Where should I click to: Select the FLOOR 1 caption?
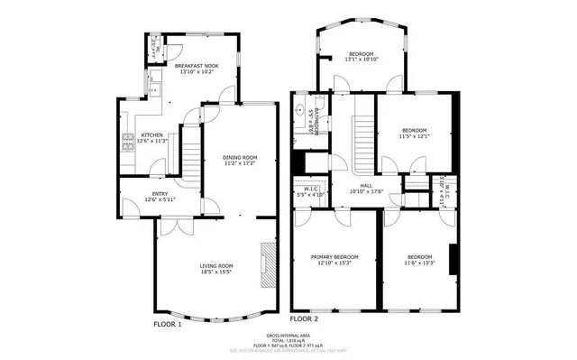(167, 322)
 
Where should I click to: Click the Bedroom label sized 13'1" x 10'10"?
(362, 54)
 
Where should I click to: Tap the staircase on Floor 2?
(363, 131)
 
